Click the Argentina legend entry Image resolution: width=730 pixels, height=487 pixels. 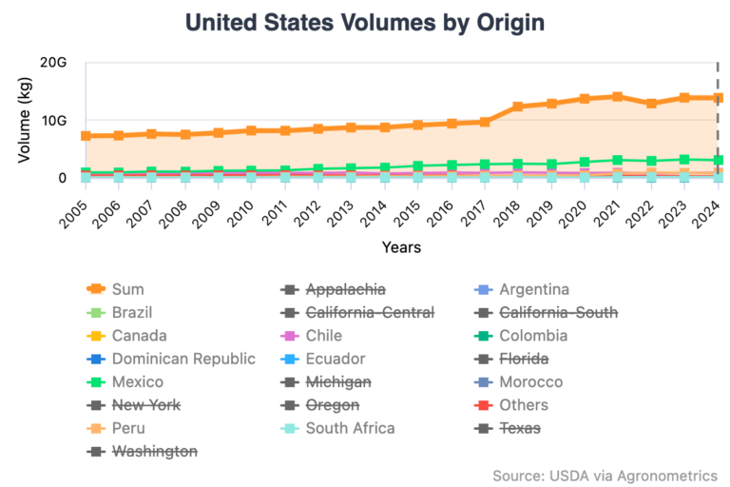tap(533, 289)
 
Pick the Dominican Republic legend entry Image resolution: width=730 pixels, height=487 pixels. tap(183, 359)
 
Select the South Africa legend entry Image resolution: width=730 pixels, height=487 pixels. tap(351, 428)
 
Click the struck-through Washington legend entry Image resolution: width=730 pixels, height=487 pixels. tap(155, 451)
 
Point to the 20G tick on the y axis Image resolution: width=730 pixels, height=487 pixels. tap(54, 63)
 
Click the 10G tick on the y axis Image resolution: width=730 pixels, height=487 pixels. tap(54, 121)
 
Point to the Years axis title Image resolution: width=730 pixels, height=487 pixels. tap(401, 247)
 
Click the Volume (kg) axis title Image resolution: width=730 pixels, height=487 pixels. tap(26, 121)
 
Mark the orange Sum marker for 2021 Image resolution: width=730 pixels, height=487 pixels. tap(618, 96)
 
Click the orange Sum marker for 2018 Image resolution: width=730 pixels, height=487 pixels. tap(518, 107)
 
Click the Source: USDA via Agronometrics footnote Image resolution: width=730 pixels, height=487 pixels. tap(605, 475)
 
